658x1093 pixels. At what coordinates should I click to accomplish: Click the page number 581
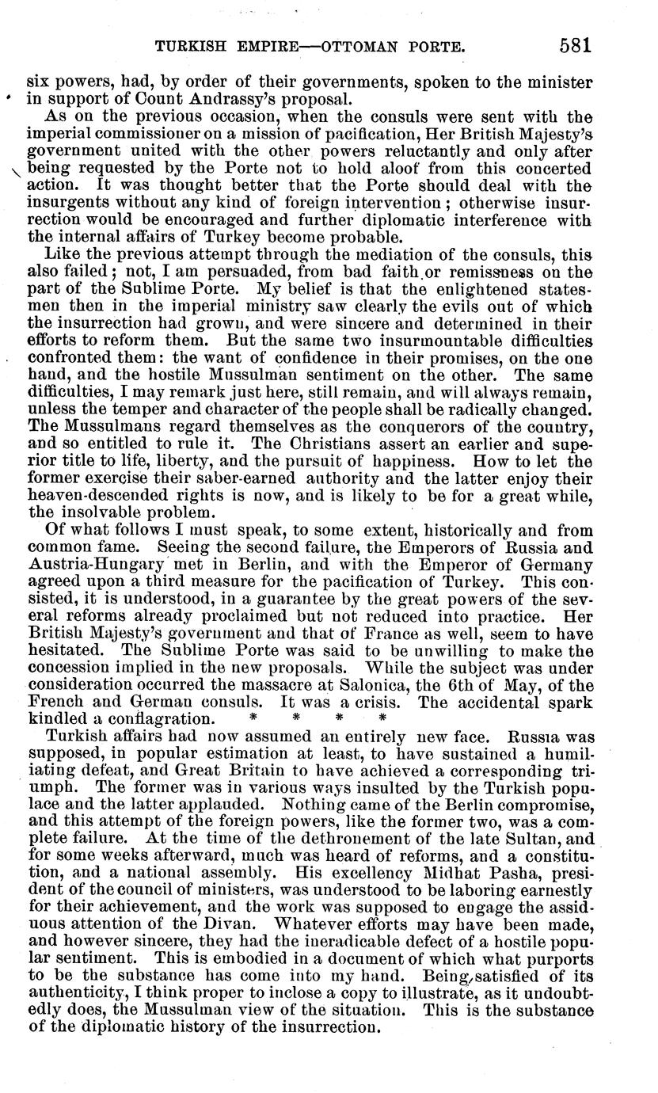click(575, 45)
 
